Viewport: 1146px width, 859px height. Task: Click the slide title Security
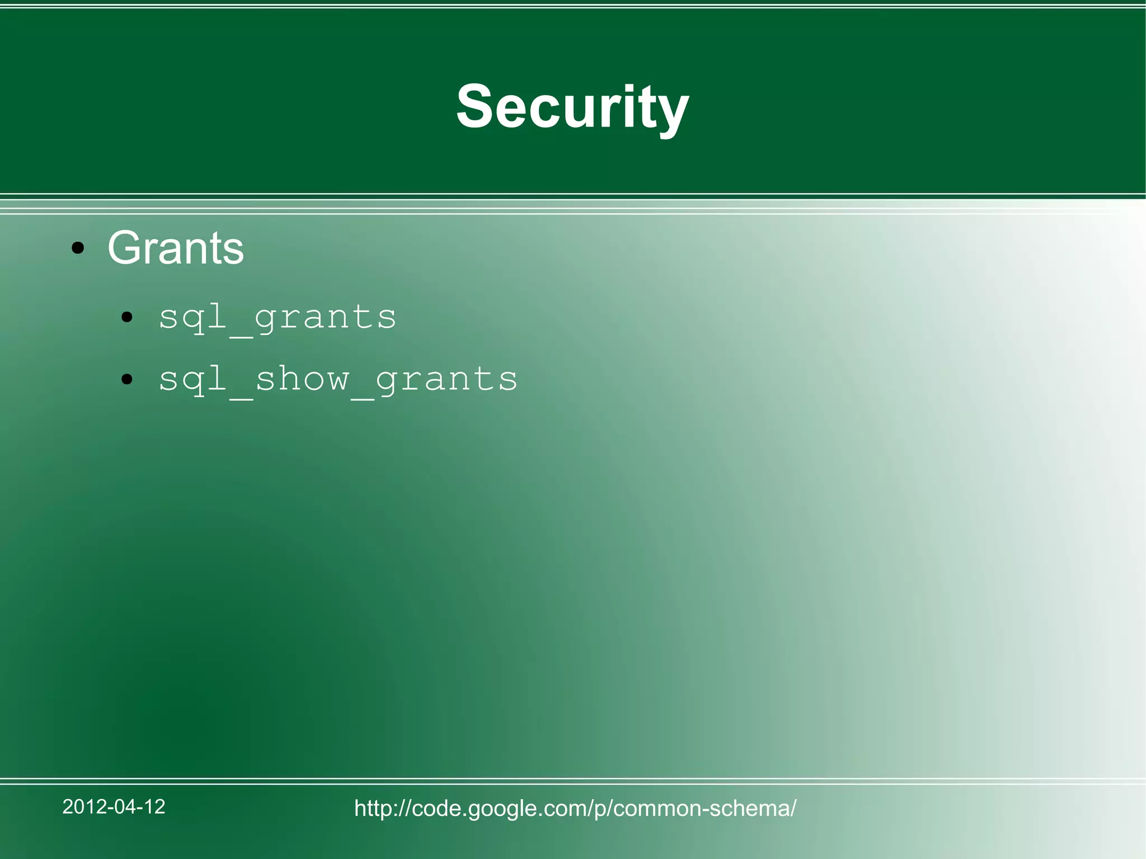pos(572,106)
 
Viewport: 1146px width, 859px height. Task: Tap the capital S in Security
pos(474,106)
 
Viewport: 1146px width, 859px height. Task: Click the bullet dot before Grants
pos(78,248)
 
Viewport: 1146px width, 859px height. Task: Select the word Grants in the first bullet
pos(176,248)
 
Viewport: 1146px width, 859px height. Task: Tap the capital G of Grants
pos(124,248)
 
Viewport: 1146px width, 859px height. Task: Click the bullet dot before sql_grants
pos(127,318)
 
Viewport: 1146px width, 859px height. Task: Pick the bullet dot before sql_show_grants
pos(127,379)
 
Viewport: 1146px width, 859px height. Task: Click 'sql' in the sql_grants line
pos(192,318)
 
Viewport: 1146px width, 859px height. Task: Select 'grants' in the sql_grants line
pos(325,318)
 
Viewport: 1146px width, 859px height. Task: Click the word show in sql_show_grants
pos(302,379)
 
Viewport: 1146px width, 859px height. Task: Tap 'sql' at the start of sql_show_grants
pos(192,379)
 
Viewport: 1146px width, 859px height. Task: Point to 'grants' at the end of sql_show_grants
pos(446,379)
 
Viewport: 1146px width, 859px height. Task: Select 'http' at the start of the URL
pos(374,808)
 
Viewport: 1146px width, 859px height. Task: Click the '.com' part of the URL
pos(561,808)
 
